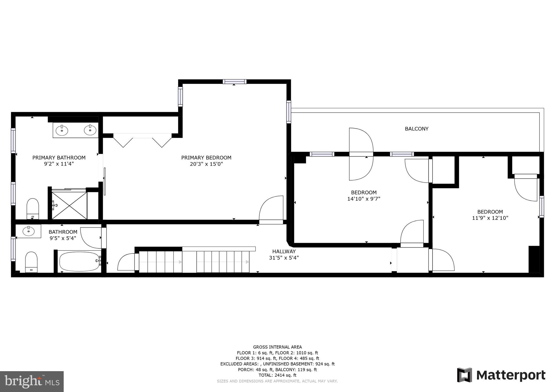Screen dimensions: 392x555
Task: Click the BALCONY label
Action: point(417,129)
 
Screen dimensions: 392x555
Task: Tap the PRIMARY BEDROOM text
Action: point(206,158)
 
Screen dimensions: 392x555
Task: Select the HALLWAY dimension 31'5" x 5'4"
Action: point(284,258)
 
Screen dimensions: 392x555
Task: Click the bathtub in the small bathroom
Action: point(79,261)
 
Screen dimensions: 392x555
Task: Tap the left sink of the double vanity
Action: point(62,130)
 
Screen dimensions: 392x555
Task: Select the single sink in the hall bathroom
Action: point(28,231)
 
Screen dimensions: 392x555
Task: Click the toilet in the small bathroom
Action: point(31,262)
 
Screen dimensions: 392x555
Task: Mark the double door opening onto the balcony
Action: point(361,154)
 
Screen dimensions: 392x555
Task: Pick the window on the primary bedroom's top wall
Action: point(234,81)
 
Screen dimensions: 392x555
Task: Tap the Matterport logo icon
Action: point(464,375)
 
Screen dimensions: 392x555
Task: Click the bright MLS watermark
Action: point(32,381)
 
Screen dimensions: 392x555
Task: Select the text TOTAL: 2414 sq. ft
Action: point(277,375)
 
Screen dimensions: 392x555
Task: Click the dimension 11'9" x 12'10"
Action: point(490,218)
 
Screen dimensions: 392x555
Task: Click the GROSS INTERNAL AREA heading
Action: point(277,347)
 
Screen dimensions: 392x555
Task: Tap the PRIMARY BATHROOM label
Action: point(59,158)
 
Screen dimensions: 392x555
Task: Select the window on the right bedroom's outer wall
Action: point(541,207)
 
